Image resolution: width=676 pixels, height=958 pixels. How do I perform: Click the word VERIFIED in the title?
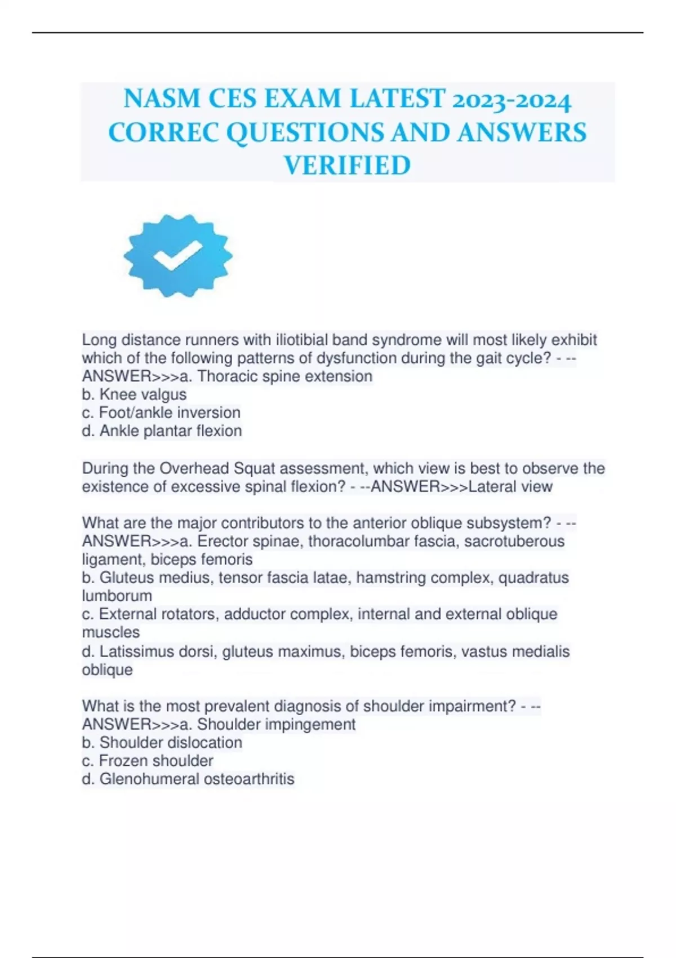(347, 166)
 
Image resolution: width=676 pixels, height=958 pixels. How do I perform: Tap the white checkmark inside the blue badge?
(177, 255)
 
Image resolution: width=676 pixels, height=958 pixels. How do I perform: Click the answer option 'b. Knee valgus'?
(134, 394)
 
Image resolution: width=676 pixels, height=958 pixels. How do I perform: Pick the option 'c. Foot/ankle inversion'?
(161, 413)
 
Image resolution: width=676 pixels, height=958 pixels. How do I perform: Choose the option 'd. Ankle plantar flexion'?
(162, 431)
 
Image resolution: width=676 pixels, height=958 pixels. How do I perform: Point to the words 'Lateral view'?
(510, 486)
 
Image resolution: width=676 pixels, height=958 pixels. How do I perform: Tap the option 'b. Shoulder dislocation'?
(162, 743)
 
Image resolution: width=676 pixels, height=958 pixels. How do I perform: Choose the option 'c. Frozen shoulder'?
(148, 761)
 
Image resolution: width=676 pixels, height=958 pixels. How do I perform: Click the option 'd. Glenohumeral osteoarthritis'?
(188, 779)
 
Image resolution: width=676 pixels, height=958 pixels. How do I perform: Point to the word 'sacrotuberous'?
(514, 542)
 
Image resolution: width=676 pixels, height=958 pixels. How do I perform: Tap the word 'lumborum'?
(117, 596)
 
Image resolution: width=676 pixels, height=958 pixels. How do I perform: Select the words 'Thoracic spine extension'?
(284, 376)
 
